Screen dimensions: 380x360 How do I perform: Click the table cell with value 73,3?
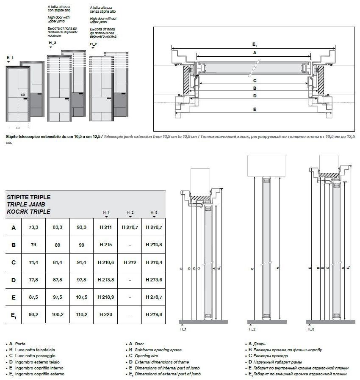33,227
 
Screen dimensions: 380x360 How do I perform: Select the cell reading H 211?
105,227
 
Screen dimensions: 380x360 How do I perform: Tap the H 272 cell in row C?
130,262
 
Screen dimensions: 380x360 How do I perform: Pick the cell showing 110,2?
81,314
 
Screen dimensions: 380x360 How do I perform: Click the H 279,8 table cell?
154,314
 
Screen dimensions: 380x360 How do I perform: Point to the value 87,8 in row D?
57,280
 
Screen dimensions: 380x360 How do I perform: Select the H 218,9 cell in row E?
105,297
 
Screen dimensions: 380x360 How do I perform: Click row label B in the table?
14,245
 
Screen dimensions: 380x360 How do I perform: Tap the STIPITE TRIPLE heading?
28,197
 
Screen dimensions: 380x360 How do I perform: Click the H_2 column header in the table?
130,212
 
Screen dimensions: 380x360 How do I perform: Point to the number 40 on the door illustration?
22,95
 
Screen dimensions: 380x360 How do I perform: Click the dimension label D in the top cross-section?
255,96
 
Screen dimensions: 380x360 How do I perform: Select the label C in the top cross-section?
255,80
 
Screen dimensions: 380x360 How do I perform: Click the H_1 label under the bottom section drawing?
183,329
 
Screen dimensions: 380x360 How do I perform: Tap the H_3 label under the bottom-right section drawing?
310,329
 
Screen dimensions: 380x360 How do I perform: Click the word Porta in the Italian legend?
20,344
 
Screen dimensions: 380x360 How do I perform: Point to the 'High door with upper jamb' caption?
58,19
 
